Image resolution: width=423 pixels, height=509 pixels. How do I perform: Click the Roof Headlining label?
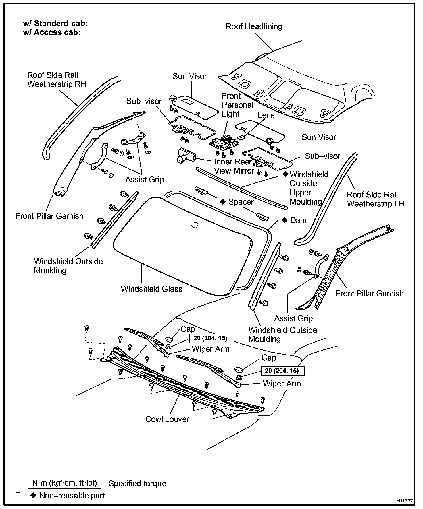254,26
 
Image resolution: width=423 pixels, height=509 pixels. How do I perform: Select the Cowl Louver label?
167,419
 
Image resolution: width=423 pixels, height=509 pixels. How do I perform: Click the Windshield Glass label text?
151,289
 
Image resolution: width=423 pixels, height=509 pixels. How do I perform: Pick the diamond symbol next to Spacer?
222,202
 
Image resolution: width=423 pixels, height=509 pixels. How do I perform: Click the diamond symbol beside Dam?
284,220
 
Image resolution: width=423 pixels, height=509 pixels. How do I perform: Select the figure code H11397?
405,501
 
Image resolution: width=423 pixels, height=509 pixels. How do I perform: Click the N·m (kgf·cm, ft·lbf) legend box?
65,483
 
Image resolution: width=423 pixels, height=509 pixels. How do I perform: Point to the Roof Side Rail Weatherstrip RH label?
57,80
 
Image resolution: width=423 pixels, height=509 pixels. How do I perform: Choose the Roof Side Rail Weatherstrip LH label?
375,199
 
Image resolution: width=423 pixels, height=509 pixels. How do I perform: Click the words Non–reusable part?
72,496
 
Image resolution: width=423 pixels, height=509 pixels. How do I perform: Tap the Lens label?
266,115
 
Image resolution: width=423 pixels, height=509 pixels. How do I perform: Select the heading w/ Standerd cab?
55,24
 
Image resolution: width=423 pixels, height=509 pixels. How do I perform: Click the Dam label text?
298,220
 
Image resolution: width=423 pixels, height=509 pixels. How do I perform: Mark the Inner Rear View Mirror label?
234,166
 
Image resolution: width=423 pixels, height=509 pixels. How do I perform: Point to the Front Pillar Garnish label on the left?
49,216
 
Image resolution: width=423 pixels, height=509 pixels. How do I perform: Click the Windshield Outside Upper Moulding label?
308,188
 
